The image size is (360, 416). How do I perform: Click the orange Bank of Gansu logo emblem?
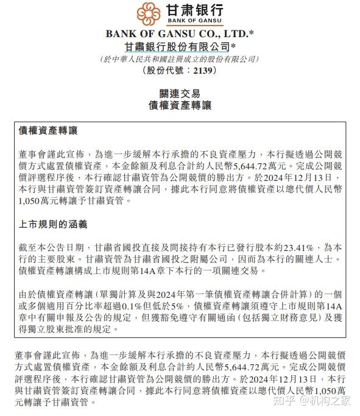tap(149, 13)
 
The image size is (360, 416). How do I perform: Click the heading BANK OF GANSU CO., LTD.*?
tap(180, 33)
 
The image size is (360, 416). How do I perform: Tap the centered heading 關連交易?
tap(180, 93)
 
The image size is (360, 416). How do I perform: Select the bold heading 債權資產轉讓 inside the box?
tap(48, 131)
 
